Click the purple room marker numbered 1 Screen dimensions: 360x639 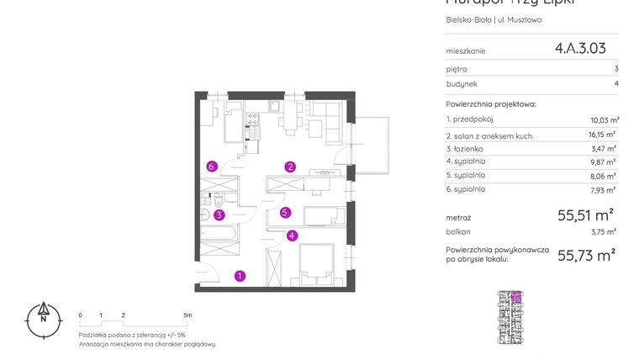(240, 275)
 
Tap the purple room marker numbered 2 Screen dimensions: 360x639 (290, 167)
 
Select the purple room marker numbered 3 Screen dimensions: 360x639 (219, 214)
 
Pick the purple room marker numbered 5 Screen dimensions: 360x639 (286, 213)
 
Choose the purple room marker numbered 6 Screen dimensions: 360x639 (212, 167)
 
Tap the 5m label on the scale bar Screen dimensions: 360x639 (187, 315)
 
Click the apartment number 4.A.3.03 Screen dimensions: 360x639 (579, 49)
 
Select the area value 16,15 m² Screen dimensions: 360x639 (603, 135)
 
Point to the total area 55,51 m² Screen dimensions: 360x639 (585, 215)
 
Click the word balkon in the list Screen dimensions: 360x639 (458, 231)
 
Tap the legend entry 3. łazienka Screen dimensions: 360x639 (466, 148)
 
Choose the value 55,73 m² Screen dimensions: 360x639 (585, 255)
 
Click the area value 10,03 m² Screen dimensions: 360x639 (604, 120)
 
